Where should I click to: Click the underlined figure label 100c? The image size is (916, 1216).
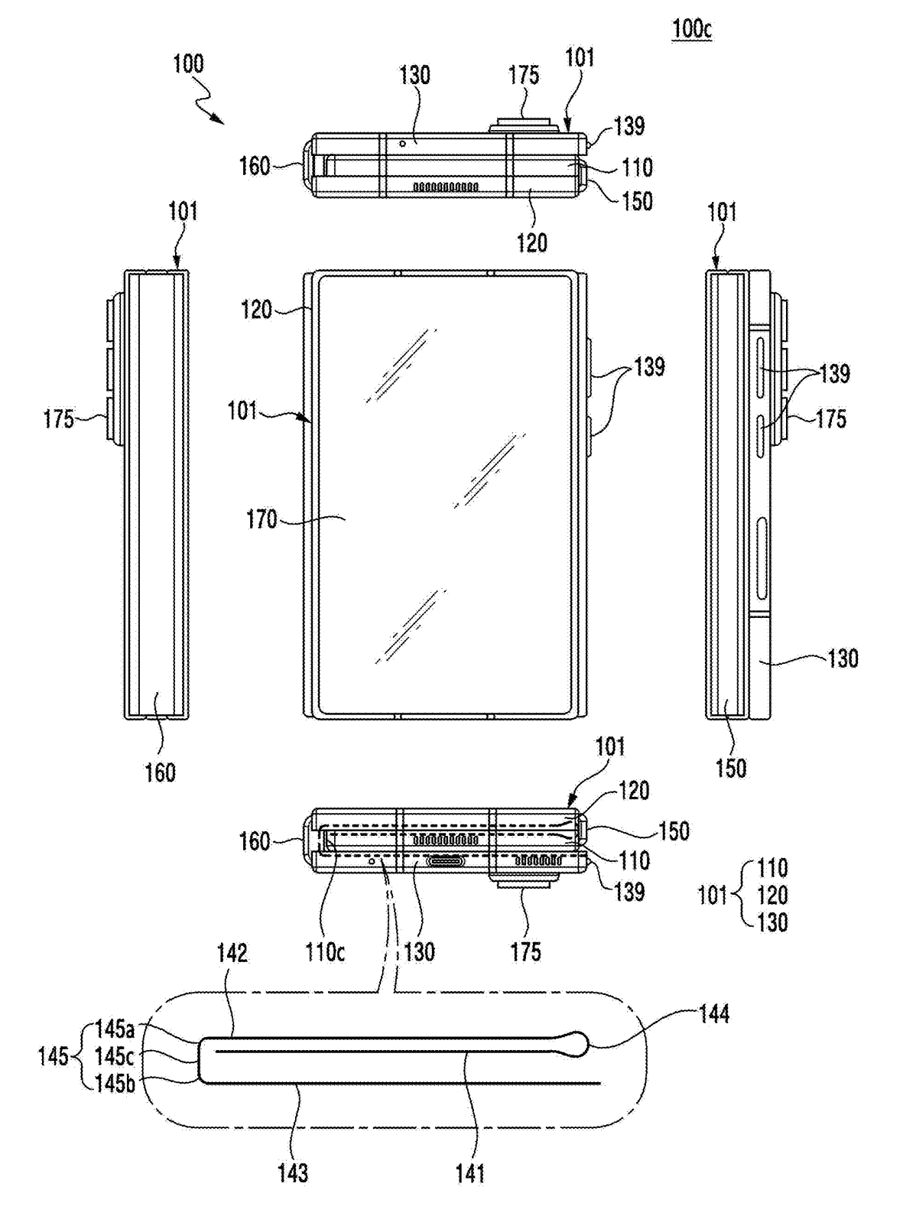[691, 29]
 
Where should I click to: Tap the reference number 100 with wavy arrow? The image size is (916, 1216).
[188, 63]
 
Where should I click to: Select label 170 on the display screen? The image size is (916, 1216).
[261, 519]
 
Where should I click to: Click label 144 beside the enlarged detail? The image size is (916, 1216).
[713, 1014]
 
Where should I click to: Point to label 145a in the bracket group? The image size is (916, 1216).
[115, 1029]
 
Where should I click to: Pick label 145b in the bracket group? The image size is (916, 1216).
[115, 1084]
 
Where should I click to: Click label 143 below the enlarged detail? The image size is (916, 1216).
[292, 1172]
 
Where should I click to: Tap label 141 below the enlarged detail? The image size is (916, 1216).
[469, 1172]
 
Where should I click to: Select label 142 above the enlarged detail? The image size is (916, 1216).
[232, 953]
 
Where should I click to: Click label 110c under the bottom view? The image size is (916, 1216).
[325, 952]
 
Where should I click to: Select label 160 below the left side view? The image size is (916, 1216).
[160, 772]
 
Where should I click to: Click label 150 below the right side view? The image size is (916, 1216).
[730, 768]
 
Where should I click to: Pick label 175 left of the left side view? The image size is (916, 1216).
[59, 419]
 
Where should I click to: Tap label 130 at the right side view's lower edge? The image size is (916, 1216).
[842, 658]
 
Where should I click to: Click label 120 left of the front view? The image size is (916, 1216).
[256, 309]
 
